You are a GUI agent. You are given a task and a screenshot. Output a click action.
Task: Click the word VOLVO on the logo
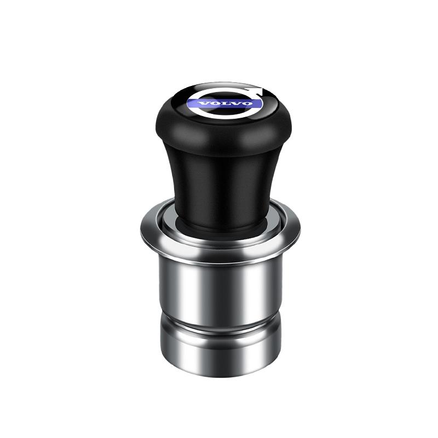tap(224, 103)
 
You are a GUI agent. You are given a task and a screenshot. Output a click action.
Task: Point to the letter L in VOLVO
tap(225, 103)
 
